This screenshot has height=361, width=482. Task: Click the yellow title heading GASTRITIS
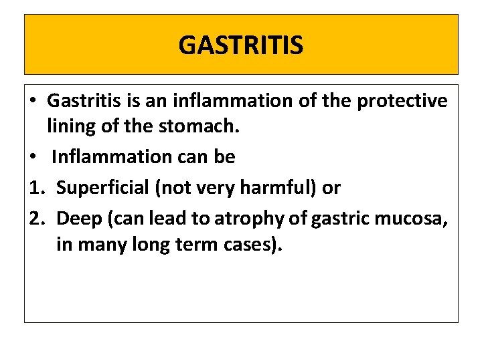pyautogui.click(x=241, y=45)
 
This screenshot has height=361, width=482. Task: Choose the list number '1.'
pyautogui.click(x=35, y=188)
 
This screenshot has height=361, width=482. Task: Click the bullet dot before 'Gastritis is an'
pyautogui.click(x=33, y=102)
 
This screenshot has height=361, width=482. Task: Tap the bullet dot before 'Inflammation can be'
pyautogui.click(x=33, y=157)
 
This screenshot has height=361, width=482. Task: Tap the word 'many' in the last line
pyautogui.click(x=100, y=245)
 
